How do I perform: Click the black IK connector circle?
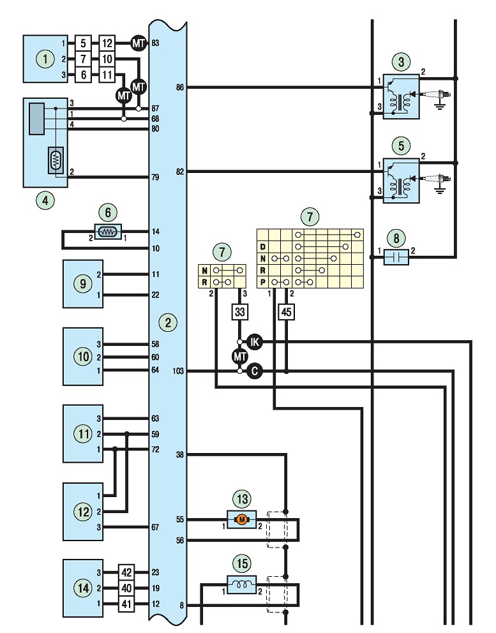pos(255,342)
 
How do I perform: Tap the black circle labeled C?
pos(255,371)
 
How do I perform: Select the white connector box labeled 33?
pos(240,311)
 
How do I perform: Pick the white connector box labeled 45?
pos(287,311)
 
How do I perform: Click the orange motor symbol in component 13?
pos(241,519)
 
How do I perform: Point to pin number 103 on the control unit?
pos(178,371)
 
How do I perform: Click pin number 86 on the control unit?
pos(180,87)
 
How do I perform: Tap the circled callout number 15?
pos(243,563)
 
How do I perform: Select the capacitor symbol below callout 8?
pos(396,257)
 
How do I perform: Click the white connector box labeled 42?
pos(126,572)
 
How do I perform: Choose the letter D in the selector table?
pos(263,247)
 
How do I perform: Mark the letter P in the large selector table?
pos(263,282)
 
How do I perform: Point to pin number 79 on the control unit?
pos(155,177)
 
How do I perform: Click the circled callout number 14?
pos(83,588)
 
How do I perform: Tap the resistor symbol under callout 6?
pos(108,232)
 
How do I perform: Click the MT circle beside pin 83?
pos(138,43)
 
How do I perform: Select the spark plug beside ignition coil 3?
pos(437,95)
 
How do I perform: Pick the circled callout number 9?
pos(83,283)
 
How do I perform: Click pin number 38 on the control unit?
pos(180,454)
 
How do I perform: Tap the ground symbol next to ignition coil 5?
pos(439,190)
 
